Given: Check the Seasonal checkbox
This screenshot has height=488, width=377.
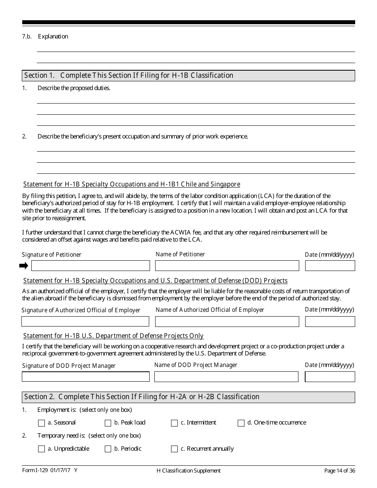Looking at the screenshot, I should [41, 423].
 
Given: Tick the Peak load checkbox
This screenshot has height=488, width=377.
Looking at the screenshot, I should [108, 423].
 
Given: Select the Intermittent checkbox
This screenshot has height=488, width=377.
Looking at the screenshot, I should [174, 423].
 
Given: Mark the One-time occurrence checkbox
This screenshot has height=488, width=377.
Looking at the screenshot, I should [241, 423].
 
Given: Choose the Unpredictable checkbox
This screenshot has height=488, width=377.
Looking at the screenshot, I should [41, 449].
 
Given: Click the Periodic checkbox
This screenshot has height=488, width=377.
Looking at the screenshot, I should [108, 449].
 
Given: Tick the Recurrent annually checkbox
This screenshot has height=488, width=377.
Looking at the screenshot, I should [174, 449].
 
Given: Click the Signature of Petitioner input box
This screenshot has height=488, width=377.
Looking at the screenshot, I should [90, 265].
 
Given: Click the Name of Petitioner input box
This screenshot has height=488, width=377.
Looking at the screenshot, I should [227, 265].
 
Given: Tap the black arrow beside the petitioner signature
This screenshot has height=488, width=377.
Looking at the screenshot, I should [24, 265].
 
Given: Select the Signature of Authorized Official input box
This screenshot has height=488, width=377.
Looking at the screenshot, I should [85, 321].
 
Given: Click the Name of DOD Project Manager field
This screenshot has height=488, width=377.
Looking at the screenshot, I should [226, 377].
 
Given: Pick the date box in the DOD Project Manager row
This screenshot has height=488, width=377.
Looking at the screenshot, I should [330, 377].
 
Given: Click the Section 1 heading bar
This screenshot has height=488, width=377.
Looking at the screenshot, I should [188, 75].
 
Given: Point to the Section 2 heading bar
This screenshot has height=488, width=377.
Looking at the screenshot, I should [188, 397].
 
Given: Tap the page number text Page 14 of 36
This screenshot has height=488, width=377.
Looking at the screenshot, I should [339, 471].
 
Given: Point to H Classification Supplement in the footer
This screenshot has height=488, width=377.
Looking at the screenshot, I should [188, 471].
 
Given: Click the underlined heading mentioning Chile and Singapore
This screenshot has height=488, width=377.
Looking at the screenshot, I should [132, 184].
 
